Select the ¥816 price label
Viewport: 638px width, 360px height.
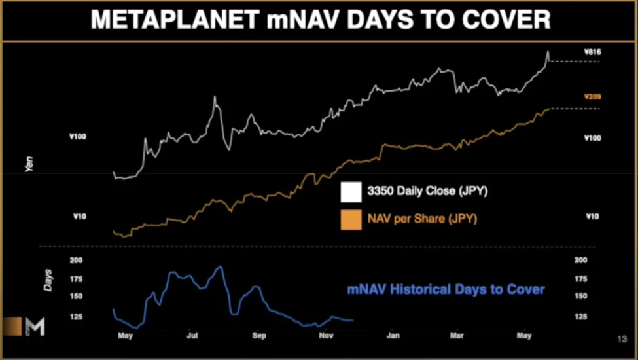[x=592, y=51]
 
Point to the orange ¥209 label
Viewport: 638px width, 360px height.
[x=592, y=97]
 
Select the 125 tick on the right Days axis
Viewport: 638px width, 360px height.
[x=580, y=317]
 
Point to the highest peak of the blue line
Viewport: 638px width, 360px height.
[x=221, y=266]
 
